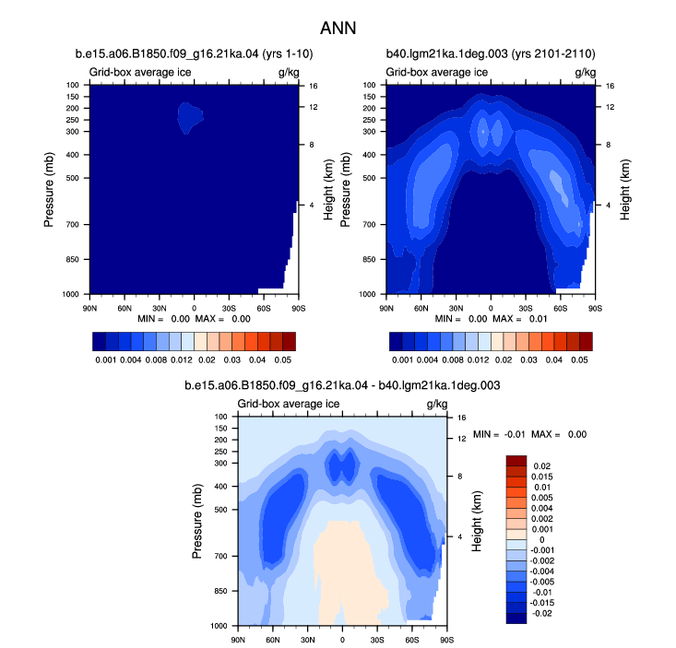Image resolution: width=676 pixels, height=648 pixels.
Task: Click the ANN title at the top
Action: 338,29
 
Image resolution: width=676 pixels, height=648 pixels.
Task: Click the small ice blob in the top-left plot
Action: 190,117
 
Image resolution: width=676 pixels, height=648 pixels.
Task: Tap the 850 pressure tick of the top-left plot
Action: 73,259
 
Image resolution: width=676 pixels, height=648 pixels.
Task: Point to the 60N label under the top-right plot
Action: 421,309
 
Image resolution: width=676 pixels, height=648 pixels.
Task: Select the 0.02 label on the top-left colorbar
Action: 207,359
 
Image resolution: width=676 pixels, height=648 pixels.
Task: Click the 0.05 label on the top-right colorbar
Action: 579,359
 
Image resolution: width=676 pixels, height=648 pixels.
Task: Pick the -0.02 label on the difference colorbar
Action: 541,613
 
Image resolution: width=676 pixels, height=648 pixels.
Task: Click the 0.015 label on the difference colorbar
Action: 542,477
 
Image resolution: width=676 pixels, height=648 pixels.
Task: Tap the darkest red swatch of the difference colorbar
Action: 516,461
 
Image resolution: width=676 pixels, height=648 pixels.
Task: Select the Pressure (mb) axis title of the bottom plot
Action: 196,522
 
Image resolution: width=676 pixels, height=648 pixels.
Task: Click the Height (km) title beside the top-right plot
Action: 625,190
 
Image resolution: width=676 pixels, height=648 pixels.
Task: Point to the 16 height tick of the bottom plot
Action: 462,418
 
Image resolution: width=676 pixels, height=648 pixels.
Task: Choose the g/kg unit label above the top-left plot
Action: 289,73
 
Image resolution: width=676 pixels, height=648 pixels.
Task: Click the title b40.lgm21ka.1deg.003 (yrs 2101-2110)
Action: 491,53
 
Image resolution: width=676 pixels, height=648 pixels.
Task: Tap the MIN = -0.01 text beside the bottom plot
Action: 499,434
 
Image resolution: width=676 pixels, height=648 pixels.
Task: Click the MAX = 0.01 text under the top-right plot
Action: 519,319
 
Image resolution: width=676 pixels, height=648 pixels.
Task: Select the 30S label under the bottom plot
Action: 377,640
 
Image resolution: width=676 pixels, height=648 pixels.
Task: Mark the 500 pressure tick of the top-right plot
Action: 369,178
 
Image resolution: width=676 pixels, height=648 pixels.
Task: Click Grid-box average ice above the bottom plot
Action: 289,404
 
